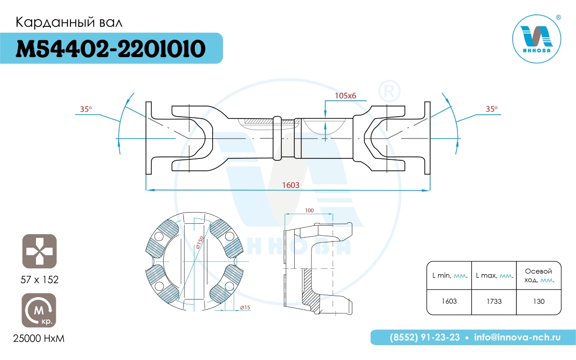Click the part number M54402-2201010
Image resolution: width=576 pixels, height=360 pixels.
110,48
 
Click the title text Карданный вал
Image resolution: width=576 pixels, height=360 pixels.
69,23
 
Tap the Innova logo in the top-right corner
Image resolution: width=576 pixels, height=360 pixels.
537,38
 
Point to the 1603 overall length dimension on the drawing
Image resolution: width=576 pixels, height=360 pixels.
291,185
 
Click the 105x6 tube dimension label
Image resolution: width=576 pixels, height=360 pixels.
345,96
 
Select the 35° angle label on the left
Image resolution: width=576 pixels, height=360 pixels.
86,109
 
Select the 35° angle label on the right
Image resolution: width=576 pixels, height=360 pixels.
492,109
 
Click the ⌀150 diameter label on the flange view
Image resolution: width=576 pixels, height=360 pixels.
200,242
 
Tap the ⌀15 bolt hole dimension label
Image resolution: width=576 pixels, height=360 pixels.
245,308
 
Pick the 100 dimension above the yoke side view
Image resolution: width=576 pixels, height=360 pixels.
309,210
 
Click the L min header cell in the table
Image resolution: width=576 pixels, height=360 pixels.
449,276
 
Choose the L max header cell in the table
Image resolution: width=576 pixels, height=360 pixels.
494,276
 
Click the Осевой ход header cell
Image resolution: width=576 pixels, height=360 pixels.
539,276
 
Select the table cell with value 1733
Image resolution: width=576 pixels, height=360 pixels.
494,301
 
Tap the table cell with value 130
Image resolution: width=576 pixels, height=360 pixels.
539,301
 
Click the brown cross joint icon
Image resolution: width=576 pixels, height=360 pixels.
39,251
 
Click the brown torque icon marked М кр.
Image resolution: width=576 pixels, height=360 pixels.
39,310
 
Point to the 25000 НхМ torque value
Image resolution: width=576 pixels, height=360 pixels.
39,339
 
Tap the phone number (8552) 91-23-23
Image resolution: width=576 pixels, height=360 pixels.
425,337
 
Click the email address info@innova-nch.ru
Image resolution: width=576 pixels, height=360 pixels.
517,337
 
